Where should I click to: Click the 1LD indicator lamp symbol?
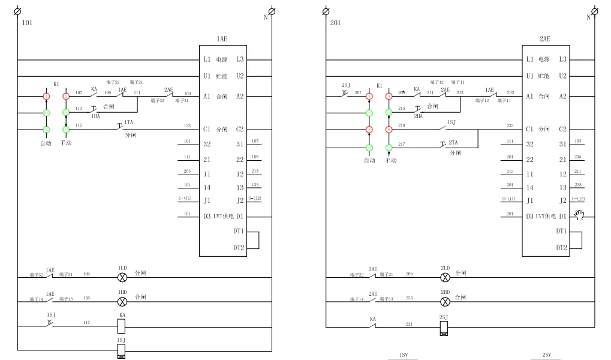click(122, 277)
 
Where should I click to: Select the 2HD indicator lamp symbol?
click(445, 301)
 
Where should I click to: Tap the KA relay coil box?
click(122, 326)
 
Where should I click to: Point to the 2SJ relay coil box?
click(444, 328)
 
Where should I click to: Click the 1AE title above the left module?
click(222, 39)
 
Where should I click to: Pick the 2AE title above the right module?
click(544, 39)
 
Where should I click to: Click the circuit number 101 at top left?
click(27, 23)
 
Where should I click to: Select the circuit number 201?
click(335, 23)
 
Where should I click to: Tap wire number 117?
click(86, 323)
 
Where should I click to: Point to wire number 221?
click(410, 324)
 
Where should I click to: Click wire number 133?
click(187, 125)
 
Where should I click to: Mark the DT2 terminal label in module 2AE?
click(561, 248)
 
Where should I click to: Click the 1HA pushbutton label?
click(95, 116)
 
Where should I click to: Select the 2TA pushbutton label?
click(453, 143)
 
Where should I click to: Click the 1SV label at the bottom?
click(403, 355)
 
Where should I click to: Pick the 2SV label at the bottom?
click(546, 355)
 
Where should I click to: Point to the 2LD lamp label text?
click(445, 268)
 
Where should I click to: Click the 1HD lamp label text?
click(122, 292)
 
